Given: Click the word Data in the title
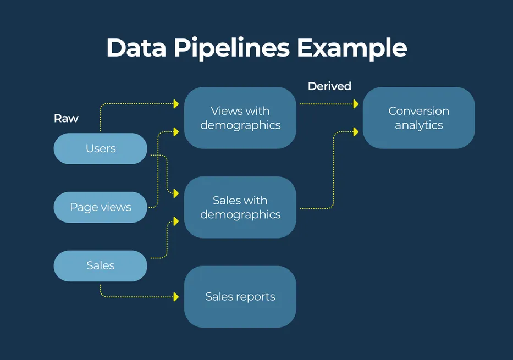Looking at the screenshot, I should point(136,48).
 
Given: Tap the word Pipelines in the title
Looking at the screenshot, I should point(231,48).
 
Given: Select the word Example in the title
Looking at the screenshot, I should point(352,48).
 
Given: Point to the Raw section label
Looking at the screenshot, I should point(66,118).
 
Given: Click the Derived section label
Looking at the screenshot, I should point(329,86).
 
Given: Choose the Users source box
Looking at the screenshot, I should point(101,148).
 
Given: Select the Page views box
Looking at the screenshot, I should point(101,207).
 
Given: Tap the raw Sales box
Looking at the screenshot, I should point(101,265).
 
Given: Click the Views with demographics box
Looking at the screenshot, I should point(240,118).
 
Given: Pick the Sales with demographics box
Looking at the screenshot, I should point(240,207).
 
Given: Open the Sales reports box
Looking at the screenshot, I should point(240,297).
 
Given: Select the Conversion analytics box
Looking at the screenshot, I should point(418,118).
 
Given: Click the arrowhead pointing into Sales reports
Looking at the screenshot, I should point(176,297).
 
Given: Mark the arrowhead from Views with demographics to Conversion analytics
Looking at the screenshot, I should point(356,104).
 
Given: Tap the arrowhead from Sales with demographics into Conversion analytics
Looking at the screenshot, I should point(356,132).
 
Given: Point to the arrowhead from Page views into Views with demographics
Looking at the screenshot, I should point(176,132).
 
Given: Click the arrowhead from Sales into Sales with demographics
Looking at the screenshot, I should point(176,221).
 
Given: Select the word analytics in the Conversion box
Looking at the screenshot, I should point(418,125).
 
